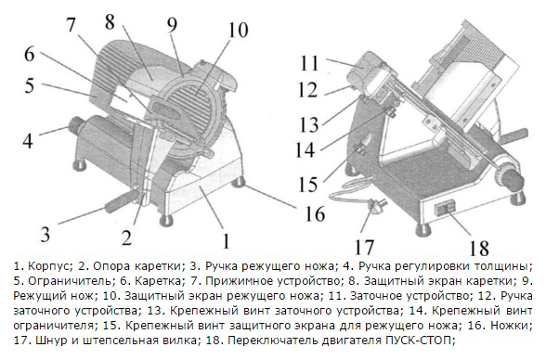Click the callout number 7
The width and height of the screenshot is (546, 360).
pos(71,24)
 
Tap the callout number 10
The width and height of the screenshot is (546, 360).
pos(238,30)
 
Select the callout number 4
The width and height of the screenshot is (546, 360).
pos(28,140)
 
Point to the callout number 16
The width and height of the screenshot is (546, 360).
pos(315,212)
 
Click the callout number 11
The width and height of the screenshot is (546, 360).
pos(309,63)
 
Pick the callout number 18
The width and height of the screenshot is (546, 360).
pos(479,248)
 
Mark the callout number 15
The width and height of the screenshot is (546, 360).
pos(308,184)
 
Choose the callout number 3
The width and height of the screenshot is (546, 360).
pos(45,234)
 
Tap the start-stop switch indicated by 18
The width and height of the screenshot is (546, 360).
pos(445,208)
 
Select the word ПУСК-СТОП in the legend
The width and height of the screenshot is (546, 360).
pos(415,340)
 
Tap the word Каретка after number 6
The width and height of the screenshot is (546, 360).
pos(158,282)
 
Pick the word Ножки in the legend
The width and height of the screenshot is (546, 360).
pos(510,326)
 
